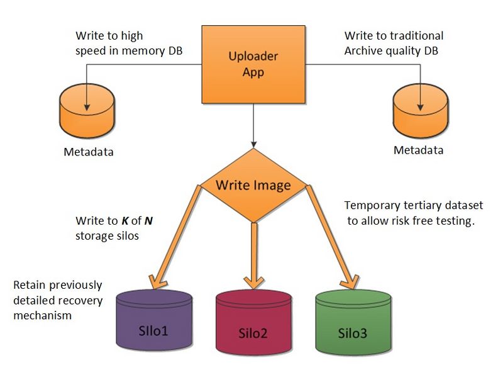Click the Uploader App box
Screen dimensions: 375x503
pos(253,64)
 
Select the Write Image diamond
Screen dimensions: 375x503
pos(253,186)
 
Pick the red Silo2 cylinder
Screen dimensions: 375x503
pos(253,325)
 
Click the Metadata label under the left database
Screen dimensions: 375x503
pos(89,152)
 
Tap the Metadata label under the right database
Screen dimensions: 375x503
pos(418,150)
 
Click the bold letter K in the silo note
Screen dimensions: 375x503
pos(124,221)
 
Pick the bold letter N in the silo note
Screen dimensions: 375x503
pos(148,221)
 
